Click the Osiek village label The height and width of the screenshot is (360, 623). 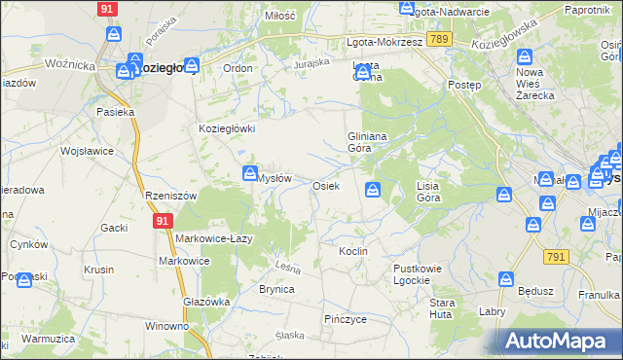[x=325, y=185]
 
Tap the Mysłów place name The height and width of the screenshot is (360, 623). [x=275, y=178]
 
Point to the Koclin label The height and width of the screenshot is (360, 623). [x=352, y=251]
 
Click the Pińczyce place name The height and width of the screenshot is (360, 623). [x=345, y=318]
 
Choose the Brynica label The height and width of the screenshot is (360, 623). [x=276, y=289]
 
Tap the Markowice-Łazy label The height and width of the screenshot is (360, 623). [x=215, y=239]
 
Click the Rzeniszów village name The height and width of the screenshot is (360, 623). [x=170, y=196]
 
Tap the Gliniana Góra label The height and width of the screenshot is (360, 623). [x=368, y=143]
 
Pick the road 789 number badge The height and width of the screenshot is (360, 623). [x=438, y=39]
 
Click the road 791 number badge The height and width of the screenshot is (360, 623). [x=556, y=256]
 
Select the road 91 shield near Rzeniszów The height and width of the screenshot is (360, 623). [x=162, y=222]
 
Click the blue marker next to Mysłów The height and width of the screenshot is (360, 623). [x=249, y=173]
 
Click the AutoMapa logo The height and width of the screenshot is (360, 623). [x=556, y=341]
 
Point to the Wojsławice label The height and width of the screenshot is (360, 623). [x=88, y=152]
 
